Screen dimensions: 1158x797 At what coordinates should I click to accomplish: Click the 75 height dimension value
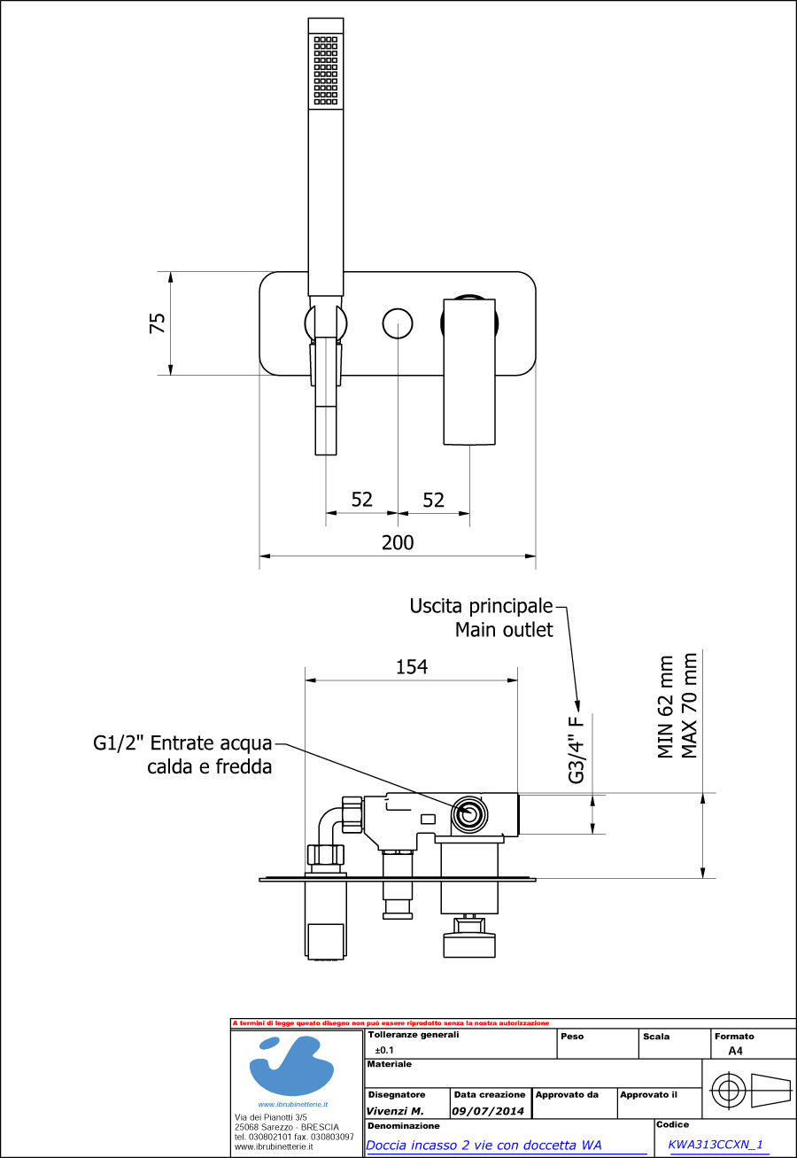(158, 323)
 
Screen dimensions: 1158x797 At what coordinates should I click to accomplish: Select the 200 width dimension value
(398, 542)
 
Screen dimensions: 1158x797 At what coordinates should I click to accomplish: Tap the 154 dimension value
(412, 666)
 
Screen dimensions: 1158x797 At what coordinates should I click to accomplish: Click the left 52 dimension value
(361, 500)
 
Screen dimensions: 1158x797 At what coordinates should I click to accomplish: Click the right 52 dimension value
(433, 500)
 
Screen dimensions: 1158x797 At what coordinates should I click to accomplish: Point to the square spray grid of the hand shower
(325, 70)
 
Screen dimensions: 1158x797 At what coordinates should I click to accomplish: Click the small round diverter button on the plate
(398, 323)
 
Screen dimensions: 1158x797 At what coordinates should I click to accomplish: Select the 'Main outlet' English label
(503, 630)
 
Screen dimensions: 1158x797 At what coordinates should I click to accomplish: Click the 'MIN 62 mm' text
(666, 706)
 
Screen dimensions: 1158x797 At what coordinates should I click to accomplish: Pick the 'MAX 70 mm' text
(689, 706)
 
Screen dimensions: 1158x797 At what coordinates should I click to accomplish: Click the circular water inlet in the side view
(468, 814)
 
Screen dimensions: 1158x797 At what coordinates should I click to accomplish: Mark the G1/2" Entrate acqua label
(183, 743)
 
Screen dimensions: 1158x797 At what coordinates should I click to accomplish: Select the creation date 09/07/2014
(488, 1111)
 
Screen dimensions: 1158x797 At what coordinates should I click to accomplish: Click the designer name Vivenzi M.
(395, 1111)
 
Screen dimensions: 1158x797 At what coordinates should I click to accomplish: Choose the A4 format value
(735, 1052)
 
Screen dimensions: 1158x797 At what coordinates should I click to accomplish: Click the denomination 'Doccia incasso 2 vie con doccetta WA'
(484, 1145)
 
